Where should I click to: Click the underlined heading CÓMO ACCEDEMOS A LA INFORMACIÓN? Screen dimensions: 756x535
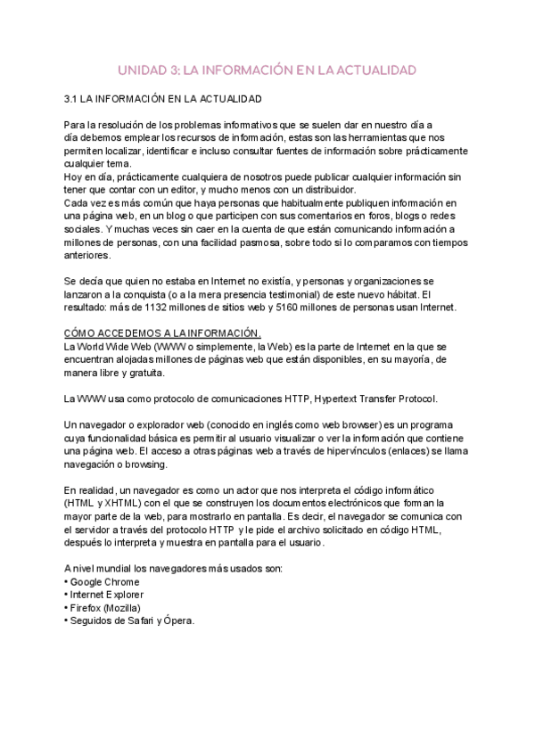pyautogui.click(x=161, y=333)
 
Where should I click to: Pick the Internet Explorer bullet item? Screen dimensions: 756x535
pyautogui.click(x=107, y=595)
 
